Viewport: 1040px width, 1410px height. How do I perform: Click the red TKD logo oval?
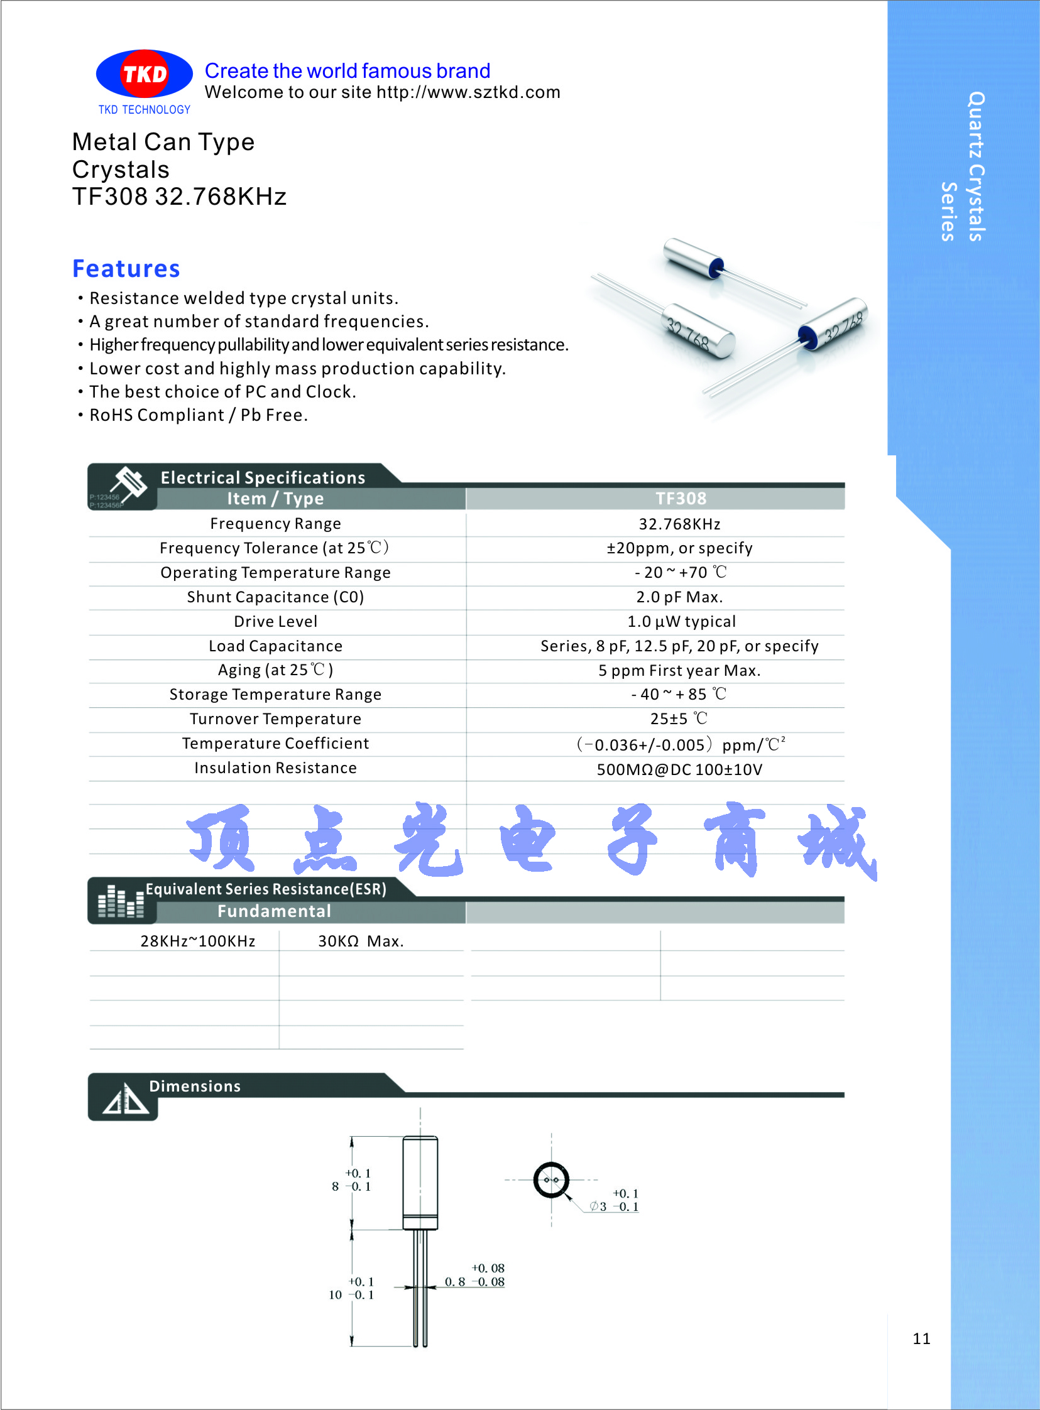coord(144,74)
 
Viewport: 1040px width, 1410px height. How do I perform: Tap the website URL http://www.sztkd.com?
coord(468,92)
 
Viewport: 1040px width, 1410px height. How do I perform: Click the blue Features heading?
coord(126,269)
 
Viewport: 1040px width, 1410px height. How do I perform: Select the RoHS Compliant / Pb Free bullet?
coord(199,415)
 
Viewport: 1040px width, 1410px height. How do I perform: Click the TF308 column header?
coord(681,498)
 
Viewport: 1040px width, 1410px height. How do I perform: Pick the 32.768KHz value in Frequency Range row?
coord(679,524)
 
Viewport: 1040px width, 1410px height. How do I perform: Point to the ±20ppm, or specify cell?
coord(679,548)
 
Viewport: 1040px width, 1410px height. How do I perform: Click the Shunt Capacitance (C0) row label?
coord(275,597)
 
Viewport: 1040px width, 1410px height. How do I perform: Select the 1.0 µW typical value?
coord(681,622)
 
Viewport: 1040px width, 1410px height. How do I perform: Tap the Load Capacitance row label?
coord(275,646)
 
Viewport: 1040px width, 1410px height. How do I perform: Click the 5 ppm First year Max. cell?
coord(679,671)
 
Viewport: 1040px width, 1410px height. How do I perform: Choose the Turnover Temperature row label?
coord(275,719)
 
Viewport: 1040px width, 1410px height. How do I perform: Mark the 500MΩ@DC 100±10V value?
coord(679,769)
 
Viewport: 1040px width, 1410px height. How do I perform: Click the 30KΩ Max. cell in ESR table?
coord(361,941)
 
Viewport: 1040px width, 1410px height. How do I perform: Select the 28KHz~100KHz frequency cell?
coord(198,941)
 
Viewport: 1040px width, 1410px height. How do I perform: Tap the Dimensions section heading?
coord(195,1087)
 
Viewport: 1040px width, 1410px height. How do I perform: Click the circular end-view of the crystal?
coord(551,1180)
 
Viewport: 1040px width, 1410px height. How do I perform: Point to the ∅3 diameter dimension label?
coord(599,1206)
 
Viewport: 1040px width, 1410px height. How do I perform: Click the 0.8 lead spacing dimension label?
coord(454,1282)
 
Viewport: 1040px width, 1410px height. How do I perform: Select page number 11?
coord(921,1338)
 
